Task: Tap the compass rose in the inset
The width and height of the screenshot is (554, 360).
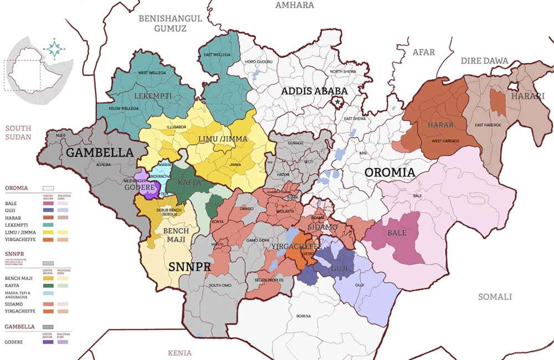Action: (x=54, y=48)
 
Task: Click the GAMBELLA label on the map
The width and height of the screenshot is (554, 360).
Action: (x=100, y=152)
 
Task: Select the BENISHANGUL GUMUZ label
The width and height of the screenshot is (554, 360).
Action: (x=170, y=23)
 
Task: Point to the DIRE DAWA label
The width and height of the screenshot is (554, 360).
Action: (x=480, y=60)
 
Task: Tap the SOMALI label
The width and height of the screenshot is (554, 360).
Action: (x=495, y=297)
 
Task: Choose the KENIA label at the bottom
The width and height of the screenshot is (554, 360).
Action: (x=179, y=353)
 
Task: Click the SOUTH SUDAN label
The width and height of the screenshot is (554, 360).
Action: (x=18, y=132)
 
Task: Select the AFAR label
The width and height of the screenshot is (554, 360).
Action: (x=424, y=52)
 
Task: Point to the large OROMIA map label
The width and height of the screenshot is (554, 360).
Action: (x=389, y=172)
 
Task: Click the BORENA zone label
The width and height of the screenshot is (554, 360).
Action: (x=303, y=316)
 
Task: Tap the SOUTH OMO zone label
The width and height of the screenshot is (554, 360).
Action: (x=220, y=286)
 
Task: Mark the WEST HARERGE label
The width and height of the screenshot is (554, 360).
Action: (x=445, y=141)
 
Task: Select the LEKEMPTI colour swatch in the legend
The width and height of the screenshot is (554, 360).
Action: (x=48, y=225)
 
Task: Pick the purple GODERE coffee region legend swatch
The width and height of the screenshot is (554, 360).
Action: (x=48, y=342)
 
